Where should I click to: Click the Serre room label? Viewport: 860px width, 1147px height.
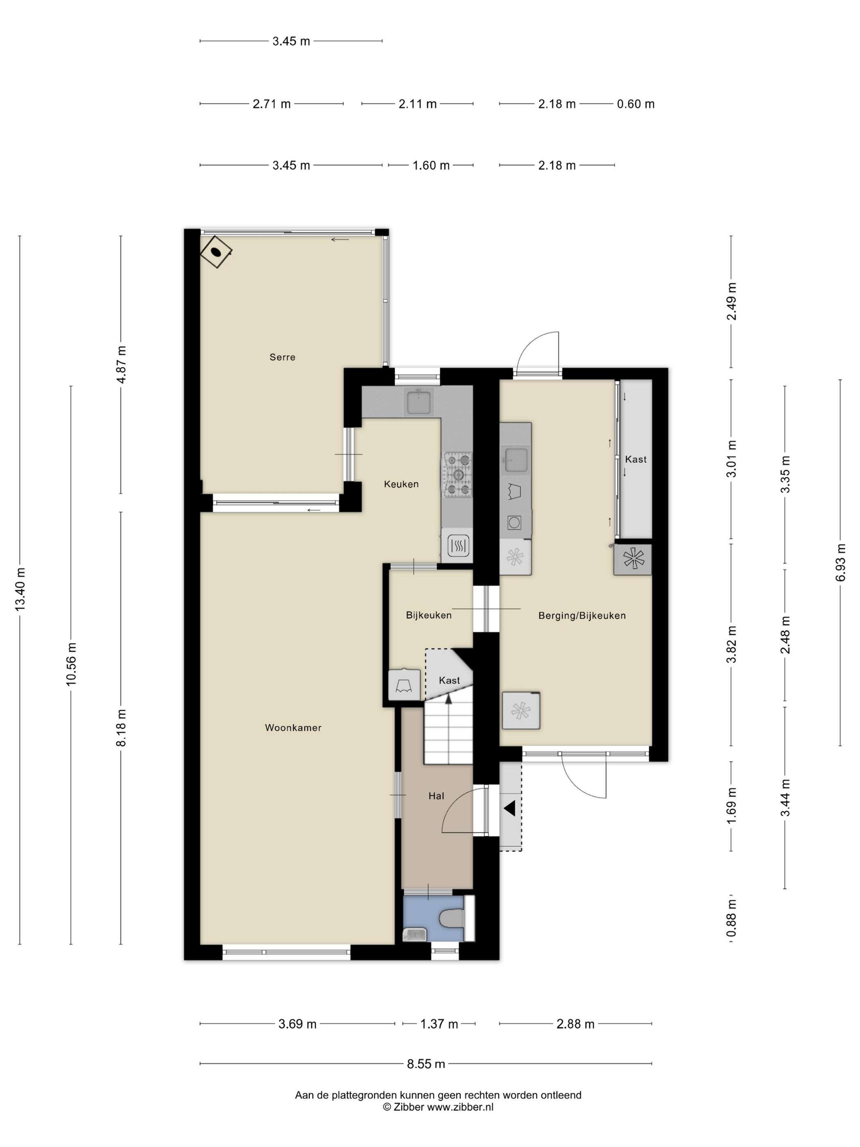coord(282,357)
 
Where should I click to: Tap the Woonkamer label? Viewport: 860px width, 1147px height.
coord(293,728)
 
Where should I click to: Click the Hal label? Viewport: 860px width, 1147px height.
coord(436,796)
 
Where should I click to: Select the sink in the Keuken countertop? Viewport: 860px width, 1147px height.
coord(419,402)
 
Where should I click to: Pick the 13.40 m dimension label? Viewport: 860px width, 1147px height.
coord(20,589)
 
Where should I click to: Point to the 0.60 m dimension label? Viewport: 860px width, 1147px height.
coord(636,104)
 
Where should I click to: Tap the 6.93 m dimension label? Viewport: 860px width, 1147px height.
coord(840,562)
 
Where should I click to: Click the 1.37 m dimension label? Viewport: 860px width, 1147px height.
coord(439,1024)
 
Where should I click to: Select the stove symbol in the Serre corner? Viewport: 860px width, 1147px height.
coord(216,252)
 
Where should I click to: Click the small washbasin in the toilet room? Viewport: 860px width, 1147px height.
coord(415,934)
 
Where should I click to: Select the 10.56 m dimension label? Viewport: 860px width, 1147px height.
coord(70,664)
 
